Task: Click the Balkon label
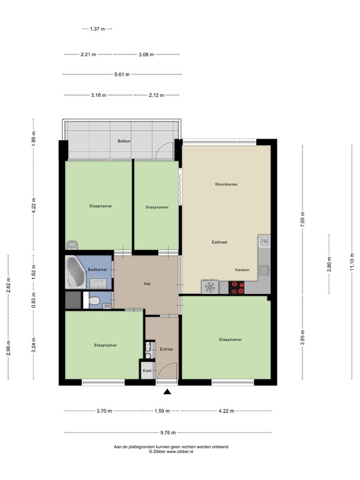click(124, 141)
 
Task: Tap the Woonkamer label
click(226, 184)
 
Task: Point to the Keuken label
click(242, 269)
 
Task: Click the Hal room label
click(147, 284)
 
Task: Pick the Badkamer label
click(97, 269)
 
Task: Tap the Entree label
click(166, 349)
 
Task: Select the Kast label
click(147, 371)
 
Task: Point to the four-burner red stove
click(237, 287)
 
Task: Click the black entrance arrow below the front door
click(167, 392)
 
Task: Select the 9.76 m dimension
click(168, 432)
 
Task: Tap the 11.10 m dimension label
click(352, 261)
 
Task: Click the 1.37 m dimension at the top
click(97, 29)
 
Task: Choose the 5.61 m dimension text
click(122, 74)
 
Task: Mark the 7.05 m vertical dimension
click(302, 220)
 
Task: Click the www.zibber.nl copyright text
click(170, 451)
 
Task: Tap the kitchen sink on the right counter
click(264, 239)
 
